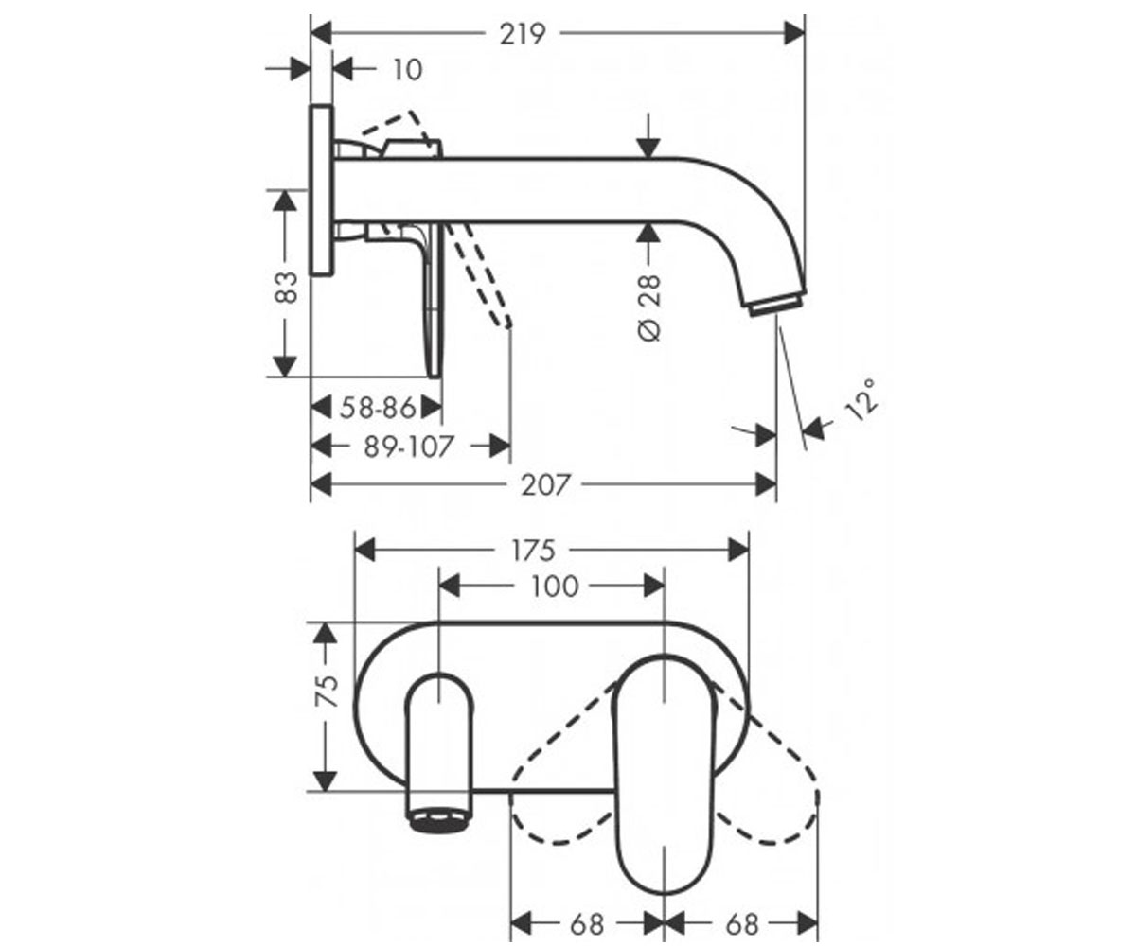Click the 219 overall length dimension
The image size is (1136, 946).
pyautogui.click(x=523, y=35)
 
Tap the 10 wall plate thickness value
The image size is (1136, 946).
pyautogui.click(x=407, y=70)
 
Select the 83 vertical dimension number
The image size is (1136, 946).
pyautogui.click(x=287, y=287)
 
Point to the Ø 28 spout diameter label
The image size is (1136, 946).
pyautogui.click(x=649, y=307)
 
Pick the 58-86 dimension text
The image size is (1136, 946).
pyautogui.click(x=378, y=408)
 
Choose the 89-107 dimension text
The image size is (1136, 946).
pyautogui.click(x=409, y=447)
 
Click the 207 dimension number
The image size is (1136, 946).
pyautogui.click(x=545, y=485)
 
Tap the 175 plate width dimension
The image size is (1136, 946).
pyautogui.click(x=533, y=551)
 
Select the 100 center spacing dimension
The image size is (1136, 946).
pyautogui.click(x=555, y=587)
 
